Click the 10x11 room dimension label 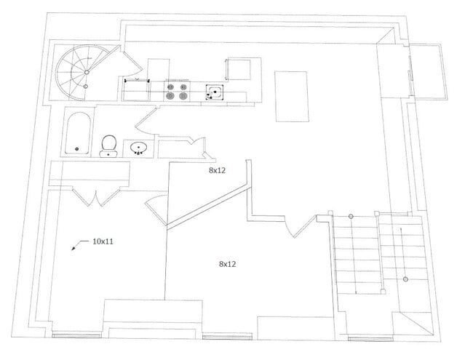(x=103, y=241)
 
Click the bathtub (x=78, y=132)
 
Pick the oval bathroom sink (x=139, y=148)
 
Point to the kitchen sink (x=215, y=91)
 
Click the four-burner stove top (x=178, y=91)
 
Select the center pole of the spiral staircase (x=86, y=73)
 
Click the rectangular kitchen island (x=290, y=97)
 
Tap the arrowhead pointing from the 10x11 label (x=74, y=249)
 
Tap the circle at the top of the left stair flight (x=351, y=216)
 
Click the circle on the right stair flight (x=405, y=279)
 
